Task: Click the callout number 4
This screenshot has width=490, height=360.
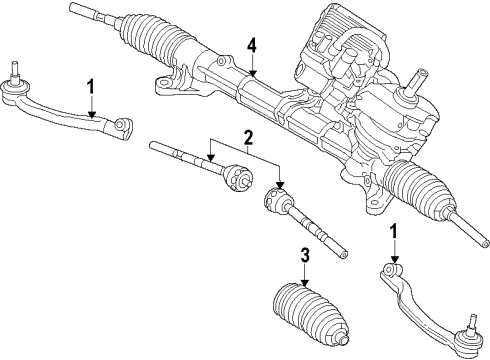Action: click(x=252, y=46)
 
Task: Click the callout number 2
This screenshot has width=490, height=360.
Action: click(x=248, y=138)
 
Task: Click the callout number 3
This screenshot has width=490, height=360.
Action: click(x=305, y=255)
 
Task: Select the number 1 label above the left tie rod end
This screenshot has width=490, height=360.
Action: click(x=91, y=86)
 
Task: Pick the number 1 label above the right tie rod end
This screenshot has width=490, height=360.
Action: click(x=394, y=231)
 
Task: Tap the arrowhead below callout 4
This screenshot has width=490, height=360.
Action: click(x=253, y=72)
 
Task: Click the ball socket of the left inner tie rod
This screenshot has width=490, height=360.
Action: click(x=237, y=177)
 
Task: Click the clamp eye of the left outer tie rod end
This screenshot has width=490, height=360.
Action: click(x=121, y=125)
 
